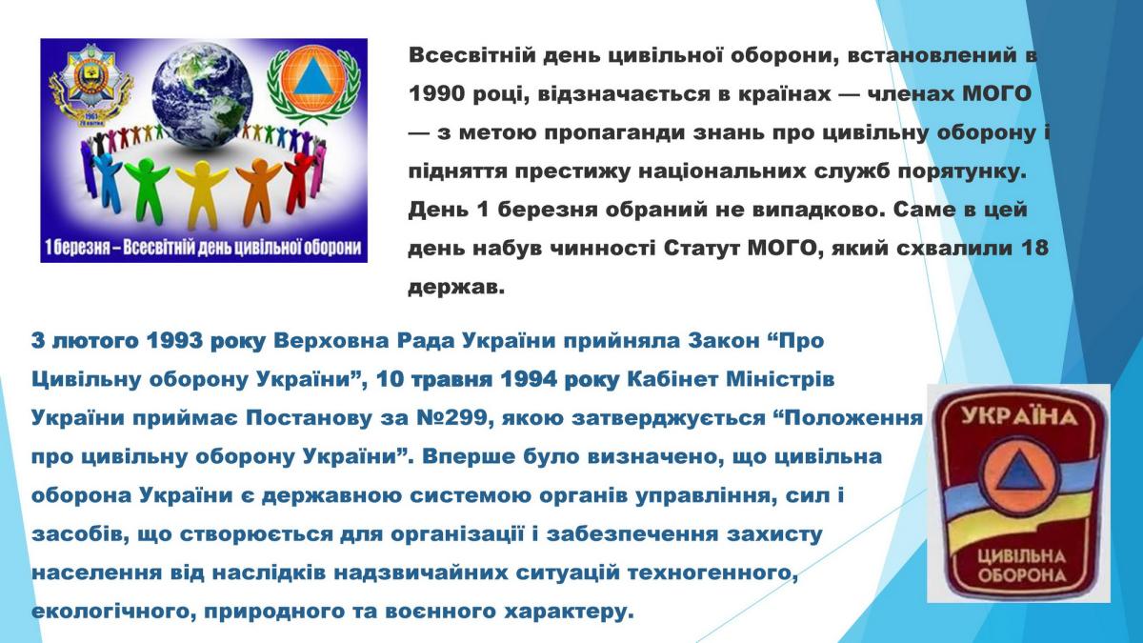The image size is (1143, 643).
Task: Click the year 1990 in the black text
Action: point(436,93)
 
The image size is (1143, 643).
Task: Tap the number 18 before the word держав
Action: point(1034,248)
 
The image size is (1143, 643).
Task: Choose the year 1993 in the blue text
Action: point(174,341)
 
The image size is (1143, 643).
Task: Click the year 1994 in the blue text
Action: point(529,380)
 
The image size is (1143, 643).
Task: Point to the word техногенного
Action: point(712,573)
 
